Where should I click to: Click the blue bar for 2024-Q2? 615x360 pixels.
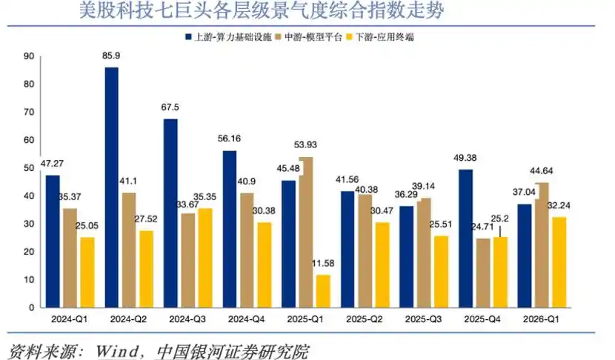(x=112, y=187)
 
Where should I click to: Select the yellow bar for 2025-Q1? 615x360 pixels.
(x=323, y=291)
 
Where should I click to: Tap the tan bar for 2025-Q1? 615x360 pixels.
(x=306, y=232)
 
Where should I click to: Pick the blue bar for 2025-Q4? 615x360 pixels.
(x=465, y=239)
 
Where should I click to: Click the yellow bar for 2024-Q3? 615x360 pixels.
(x=205, y=258)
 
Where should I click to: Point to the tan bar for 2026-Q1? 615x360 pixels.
(x=542, y=245)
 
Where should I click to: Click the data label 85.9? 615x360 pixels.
(x=111, y=56)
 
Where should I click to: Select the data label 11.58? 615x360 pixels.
(x=323, y=263)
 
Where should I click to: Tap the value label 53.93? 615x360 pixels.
(x=305, y=144)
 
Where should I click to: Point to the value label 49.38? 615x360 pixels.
(x=465, y=158)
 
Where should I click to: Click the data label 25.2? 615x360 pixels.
(x=499, y=219)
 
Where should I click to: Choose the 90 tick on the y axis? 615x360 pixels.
(x=29, y=56)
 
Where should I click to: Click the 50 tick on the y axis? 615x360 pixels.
(x=29, y=168)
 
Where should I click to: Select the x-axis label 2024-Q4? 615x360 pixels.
(x=246, y=319)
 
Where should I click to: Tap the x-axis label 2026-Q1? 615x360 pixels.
(x=541, y=319)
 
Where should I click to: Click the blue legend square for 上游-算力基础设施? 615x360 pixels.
(x=188, y=37)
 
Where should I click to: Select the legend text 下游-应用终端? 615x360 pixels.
(x=385, y=37)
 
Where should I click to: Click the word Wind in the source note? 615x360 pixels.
(x=116, y=350)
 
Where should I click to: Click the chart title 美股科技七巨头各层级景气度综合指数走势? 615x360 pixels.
(x=262, y=10)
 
